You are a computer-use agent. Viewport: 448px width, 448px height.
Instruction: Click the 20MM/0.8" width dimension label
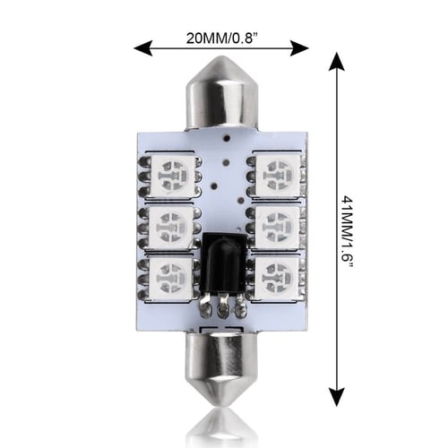pyautogui.click(x=222, y=38)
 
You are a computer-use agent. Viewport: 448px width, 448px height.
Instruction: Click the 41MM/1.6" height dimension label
pyautogui.click(x=348, y=232)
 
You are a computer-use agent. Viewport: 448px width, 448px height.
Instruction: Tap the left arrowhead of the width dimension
pyautogui.click(x=143, y=48)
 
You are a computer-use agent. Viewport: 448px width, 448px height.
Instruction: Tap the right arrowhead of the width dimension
pyautogui.click(x=299, y=48)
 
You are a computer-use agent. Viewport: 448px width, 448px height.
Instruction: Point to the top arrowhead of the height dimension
pyautogui.click(x=337, y=61)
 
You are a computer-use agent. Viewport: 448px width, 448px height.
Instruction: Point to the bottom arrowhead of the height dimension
pyautogui.click(x=337, y=397)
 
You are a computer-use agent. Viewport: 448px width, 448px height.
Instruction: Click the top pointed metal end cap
pyautogui.click(x=222, y=93)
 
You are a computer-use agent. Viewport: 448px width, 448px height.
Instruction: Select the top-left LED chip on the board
pyautogui.click(x=173, y=177)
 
